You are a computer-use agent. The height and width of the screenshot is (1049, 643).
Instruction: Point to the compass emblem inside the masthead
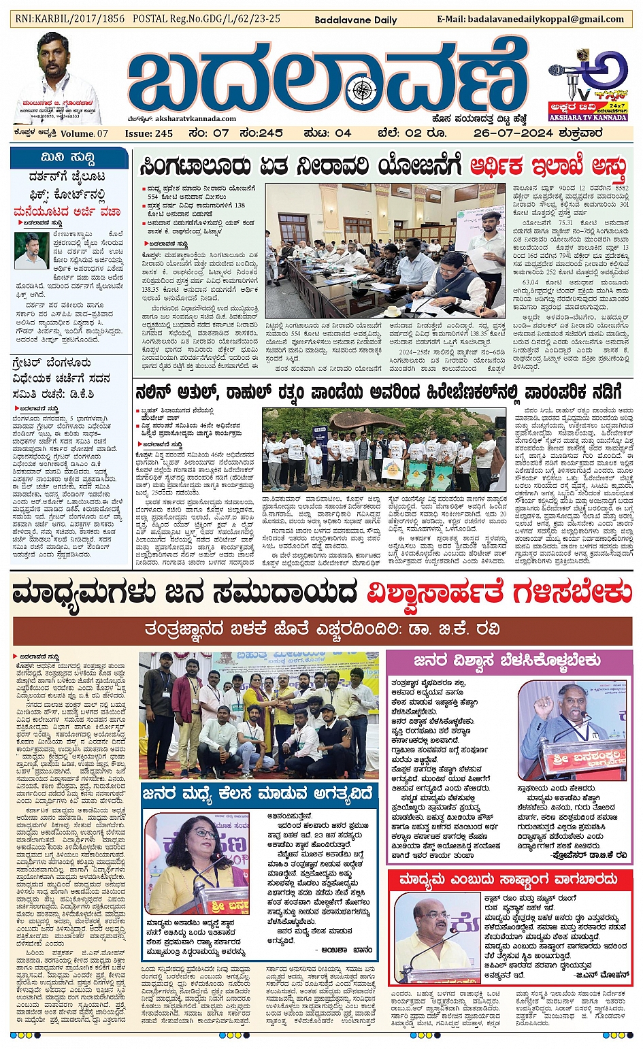[x=365, y=88]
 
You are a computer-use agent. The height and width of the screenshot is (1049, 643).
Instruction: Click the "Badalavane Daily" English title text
[x=355, y=20]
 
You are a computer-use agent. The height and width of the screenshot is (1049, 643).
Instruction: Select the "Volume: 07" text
[x=84, y=133]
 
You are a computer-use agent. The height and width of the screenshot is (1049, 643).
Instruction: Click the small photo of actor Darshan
[x=31, y=250]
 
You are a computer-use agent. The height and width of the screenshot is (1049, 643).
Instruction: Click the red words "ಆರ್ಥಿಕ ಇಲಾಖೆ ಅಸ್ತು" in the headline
[x=547, y=167]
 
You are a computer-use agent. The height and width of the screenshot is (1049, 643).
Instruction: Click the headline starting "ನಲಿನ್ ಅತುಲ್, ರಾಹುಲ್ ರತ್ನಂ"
[x=378, y=393]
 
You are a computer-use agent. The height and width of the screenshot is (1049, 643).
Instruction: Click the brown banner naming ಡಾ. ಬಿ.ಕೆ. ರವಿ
[x=323, y=631]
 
